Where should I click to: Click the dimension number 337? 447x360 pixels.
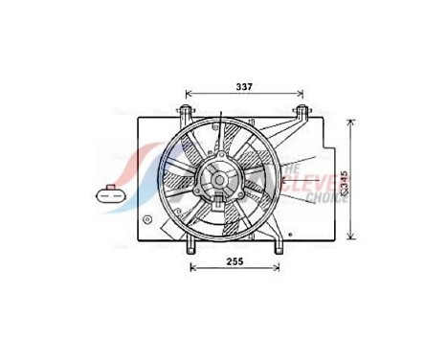(245, 88)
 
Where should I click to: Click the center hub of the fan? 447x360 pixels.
(219, 178)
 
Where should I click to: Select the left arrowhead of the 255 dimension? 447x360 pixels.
(192, 267)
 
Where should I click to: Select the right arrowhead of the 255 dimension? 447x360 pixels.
(277, 267)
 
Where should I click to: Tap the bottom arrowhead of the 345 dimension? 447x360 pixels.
(353, 239)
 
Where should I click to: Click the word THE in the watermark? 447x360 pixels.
(291, 167)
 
